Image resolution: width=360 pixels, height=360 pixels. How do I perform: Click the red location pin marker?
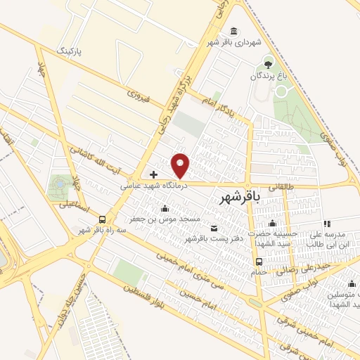181,166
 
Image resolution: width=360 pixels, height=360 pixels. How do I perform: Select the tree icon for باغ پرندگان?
267,64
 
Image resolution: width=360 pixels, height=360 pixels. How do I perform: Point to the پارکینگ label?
74,52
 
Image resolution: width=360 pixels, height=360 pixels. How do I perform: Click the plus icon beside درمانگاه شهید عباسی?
154,174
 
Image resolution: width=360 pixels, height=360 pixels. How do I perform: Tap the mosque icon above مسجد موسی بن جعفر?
165,208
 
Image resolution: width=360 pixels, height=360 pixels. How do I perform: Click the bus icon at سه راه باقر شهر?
103,219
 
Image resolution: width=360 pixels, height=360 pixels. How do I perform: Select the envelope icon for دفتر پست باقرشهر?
214,228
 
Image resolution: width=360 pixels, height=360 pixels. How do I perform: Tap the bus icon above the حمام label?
257,262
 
